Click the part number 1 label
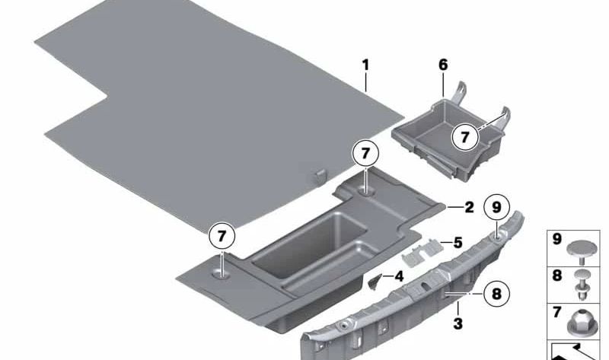pos(365,65)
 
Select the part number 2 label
pos(469,207)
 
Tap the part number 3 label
pos(458,323)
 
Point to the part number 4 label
pos(399,276)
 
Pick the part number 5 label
pos(458,243)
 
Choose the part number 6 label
pos(443,65)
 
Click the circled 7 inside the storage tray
pos(465,137)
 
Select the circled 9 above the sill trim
pos(497,207)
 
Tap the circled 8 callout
pos(497,294)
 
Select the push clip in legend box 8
pos(582,285)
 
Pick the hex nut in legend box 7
pos(582,323)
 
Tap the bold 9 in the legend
pos(557,239)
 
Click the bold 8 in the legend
pos(557,276)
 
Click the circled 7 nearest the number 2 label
pos(365,154)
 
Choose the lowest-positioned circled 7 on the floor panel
pos(222,236)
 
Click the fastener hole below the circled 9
pos(498,235)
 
